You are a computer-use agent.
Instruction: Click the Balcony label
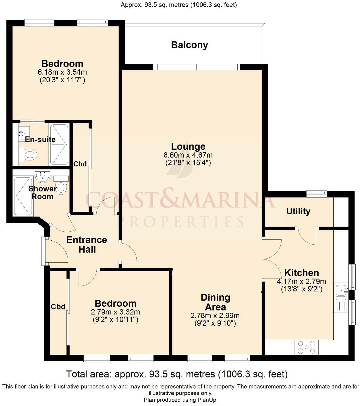pos(190,45)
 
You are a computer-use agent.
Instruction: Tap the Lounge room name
pos(188,147)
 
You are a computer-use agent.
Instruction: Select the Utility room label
pos(298,211)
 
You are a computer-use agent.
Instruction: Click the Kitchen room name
pos(302,273)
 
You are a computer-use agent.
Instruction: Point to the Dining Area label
pos(216,302)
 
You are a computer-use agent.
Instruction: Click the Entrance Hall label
pos(87,244)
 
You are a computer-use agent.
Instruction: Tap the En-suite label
pos(40,140)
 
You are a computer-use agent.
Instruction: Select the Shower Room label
pos(42,193)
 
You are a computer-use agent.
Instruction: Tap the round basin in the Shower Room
pos(43,176)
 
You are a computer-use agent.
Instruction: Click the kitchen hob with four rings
pos(306,347)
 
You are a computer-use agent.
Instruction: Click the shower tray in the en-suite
pos(59,144)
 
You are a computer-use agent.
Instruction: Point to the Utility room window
pos(317,193)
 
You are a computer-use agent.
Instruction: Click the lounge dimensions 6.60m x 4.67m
pos(188,156)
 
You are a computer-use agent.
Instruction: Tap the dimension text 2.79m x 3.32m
pos(115,312)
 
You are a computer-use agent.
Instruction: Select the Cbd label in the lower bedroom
pos(58,307)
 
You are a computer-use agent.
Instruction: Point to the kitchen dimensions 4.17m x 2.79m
pos(302,281)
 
